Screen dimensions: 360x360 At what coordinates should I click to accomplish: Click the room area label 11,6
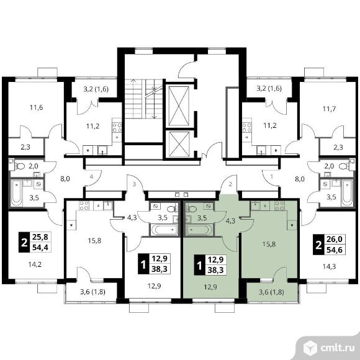click(36, 107)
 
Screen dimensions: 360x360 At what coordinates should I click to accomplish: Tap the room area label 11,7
click(329, 109)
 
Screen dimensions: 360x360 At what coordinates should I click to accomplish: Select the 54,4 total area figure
click(40, 248)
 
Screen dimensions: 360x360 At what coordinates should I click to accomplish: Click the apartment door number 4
click(91, 177)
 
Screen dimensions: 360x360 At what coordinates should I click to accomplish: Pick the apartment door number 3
click(134, 184)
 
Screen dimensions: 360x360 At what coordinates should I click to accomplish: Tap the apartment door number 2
click(230, 184)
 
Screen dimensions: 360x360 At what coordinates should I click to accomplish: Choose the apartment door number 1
click(272, 177)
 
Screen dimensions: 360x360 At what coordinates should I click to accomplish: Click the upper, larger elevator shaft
click(179, 106)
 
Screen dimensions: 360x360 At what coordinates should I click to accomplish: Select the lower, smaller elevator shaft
click(179, 145)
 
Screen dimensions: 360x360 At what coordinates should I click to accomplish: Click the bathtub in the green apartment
click(199, 230)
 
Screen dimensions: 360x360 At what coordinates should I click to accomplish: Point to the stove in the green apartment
click(279, 205)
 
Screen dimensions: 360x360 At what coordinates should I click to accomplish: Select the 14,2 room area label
click(35, 264)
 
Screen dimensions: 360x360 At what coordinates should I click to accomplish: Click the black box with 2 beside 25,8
click(24, 243)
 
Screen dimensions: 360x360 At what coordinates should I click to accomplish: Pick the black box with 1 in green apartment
click(199, 264)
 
